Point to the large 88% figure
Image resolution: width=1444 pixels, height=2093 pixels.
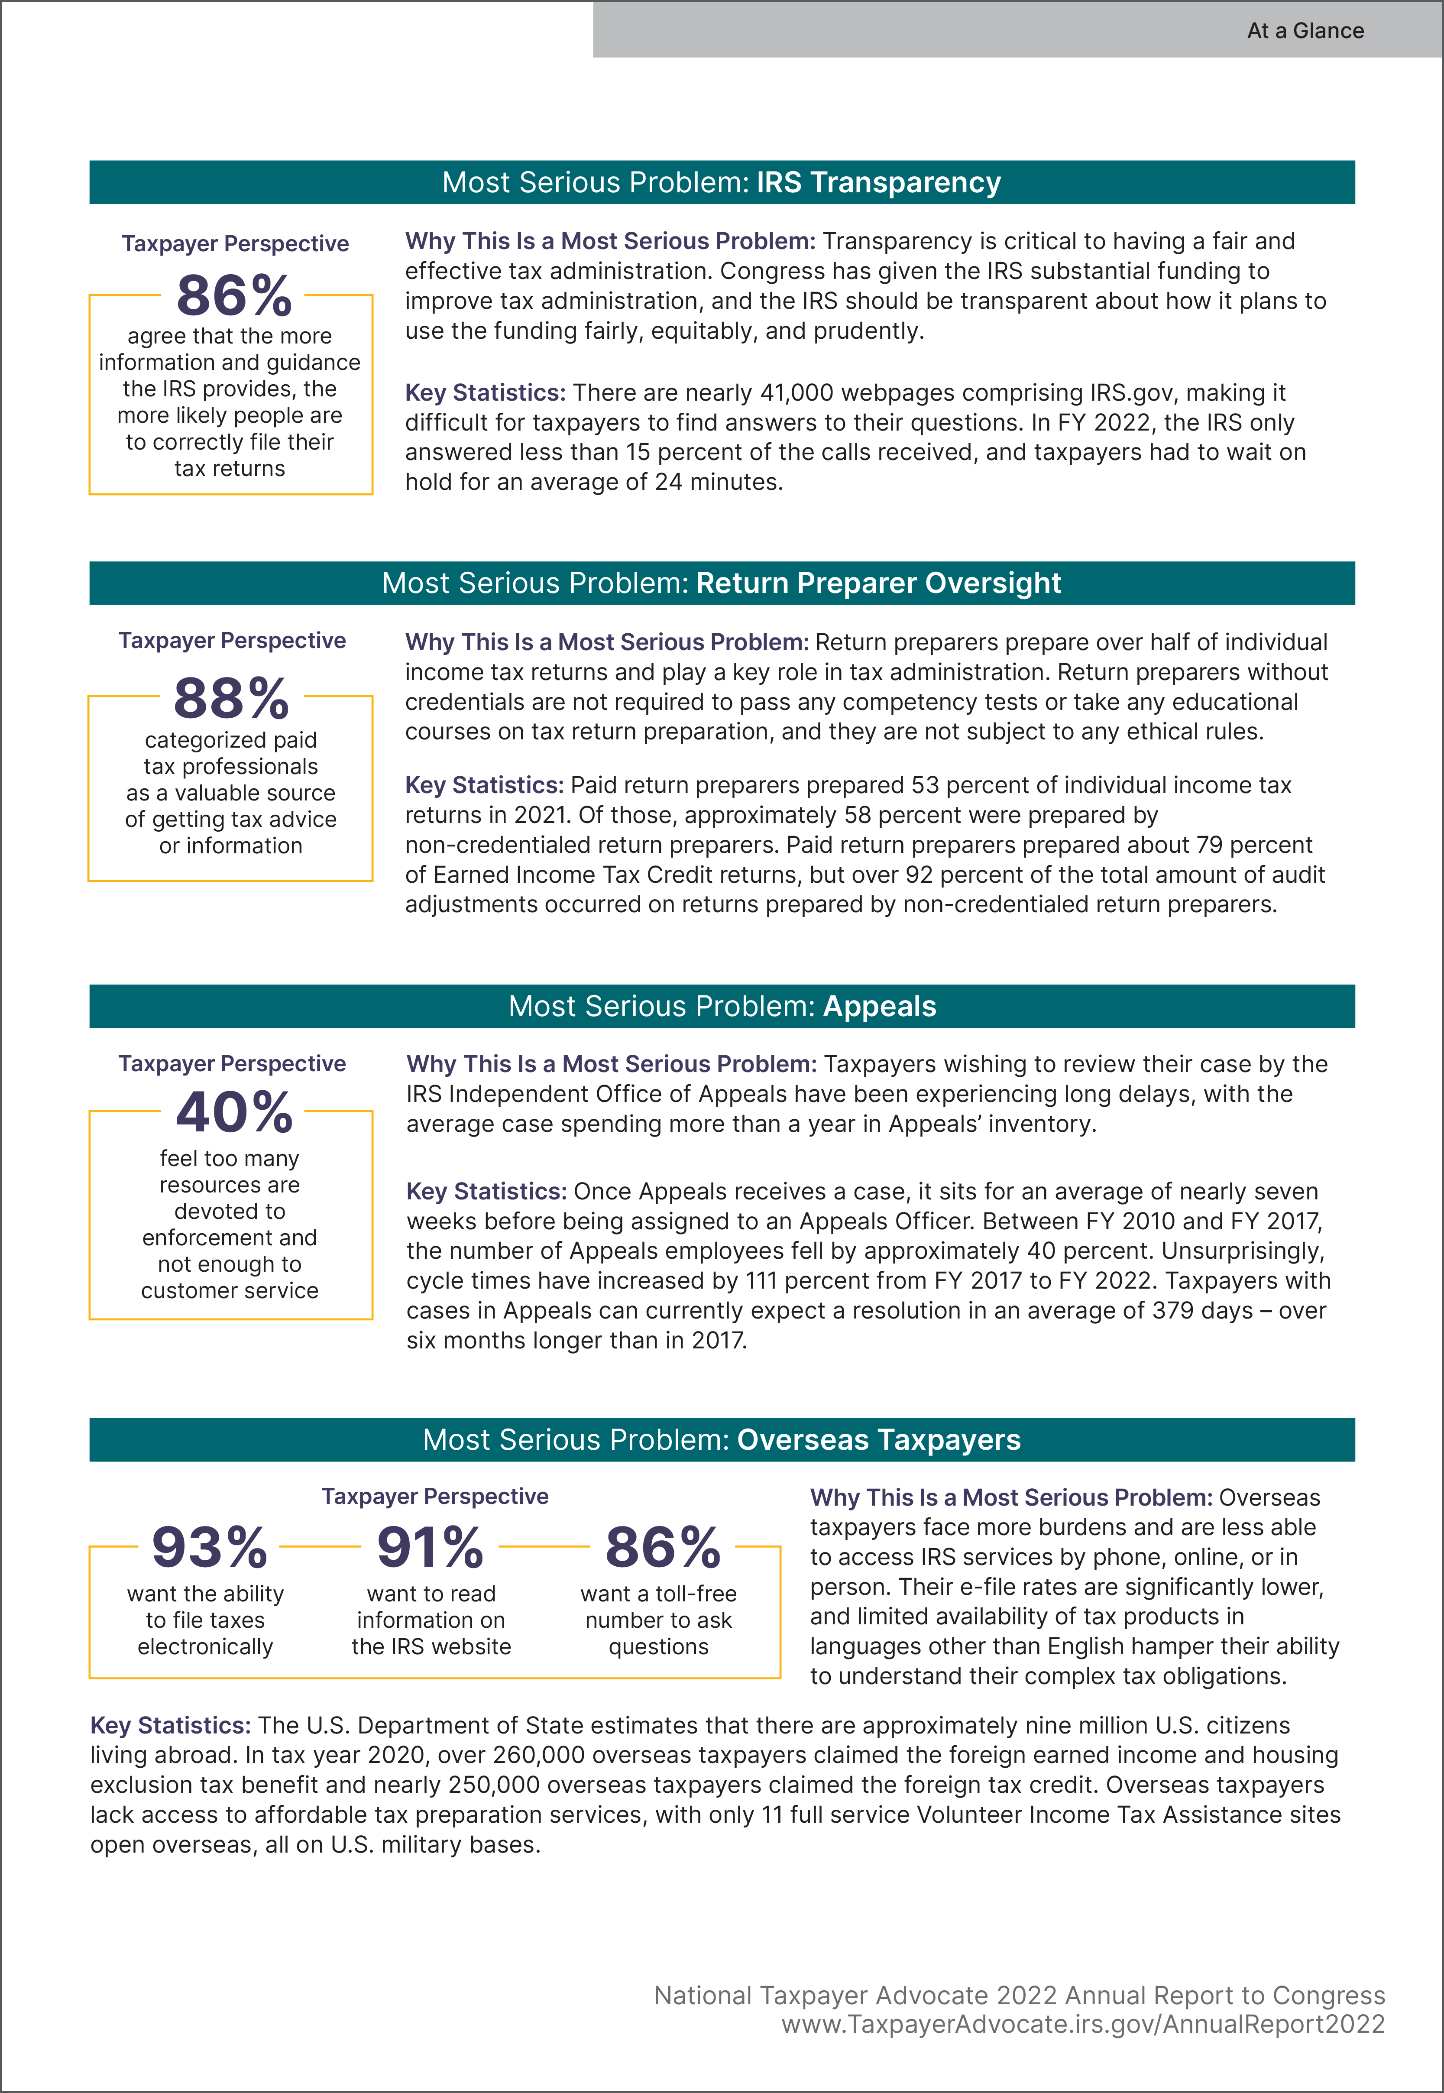[x=232, y=698]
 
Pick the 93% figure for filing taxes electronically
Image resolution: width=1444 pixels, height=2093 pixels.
[x=210, y=1547]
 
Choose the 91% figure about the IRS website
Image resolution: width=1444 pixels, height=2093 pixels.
[x=431, y=1547]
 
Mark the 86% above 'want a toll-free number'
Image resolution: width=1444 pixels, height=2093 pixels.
[x=663, y=1547]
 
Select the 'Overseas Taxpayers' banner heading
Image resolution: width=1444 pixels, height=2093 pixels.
[x=878, y=1440]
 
